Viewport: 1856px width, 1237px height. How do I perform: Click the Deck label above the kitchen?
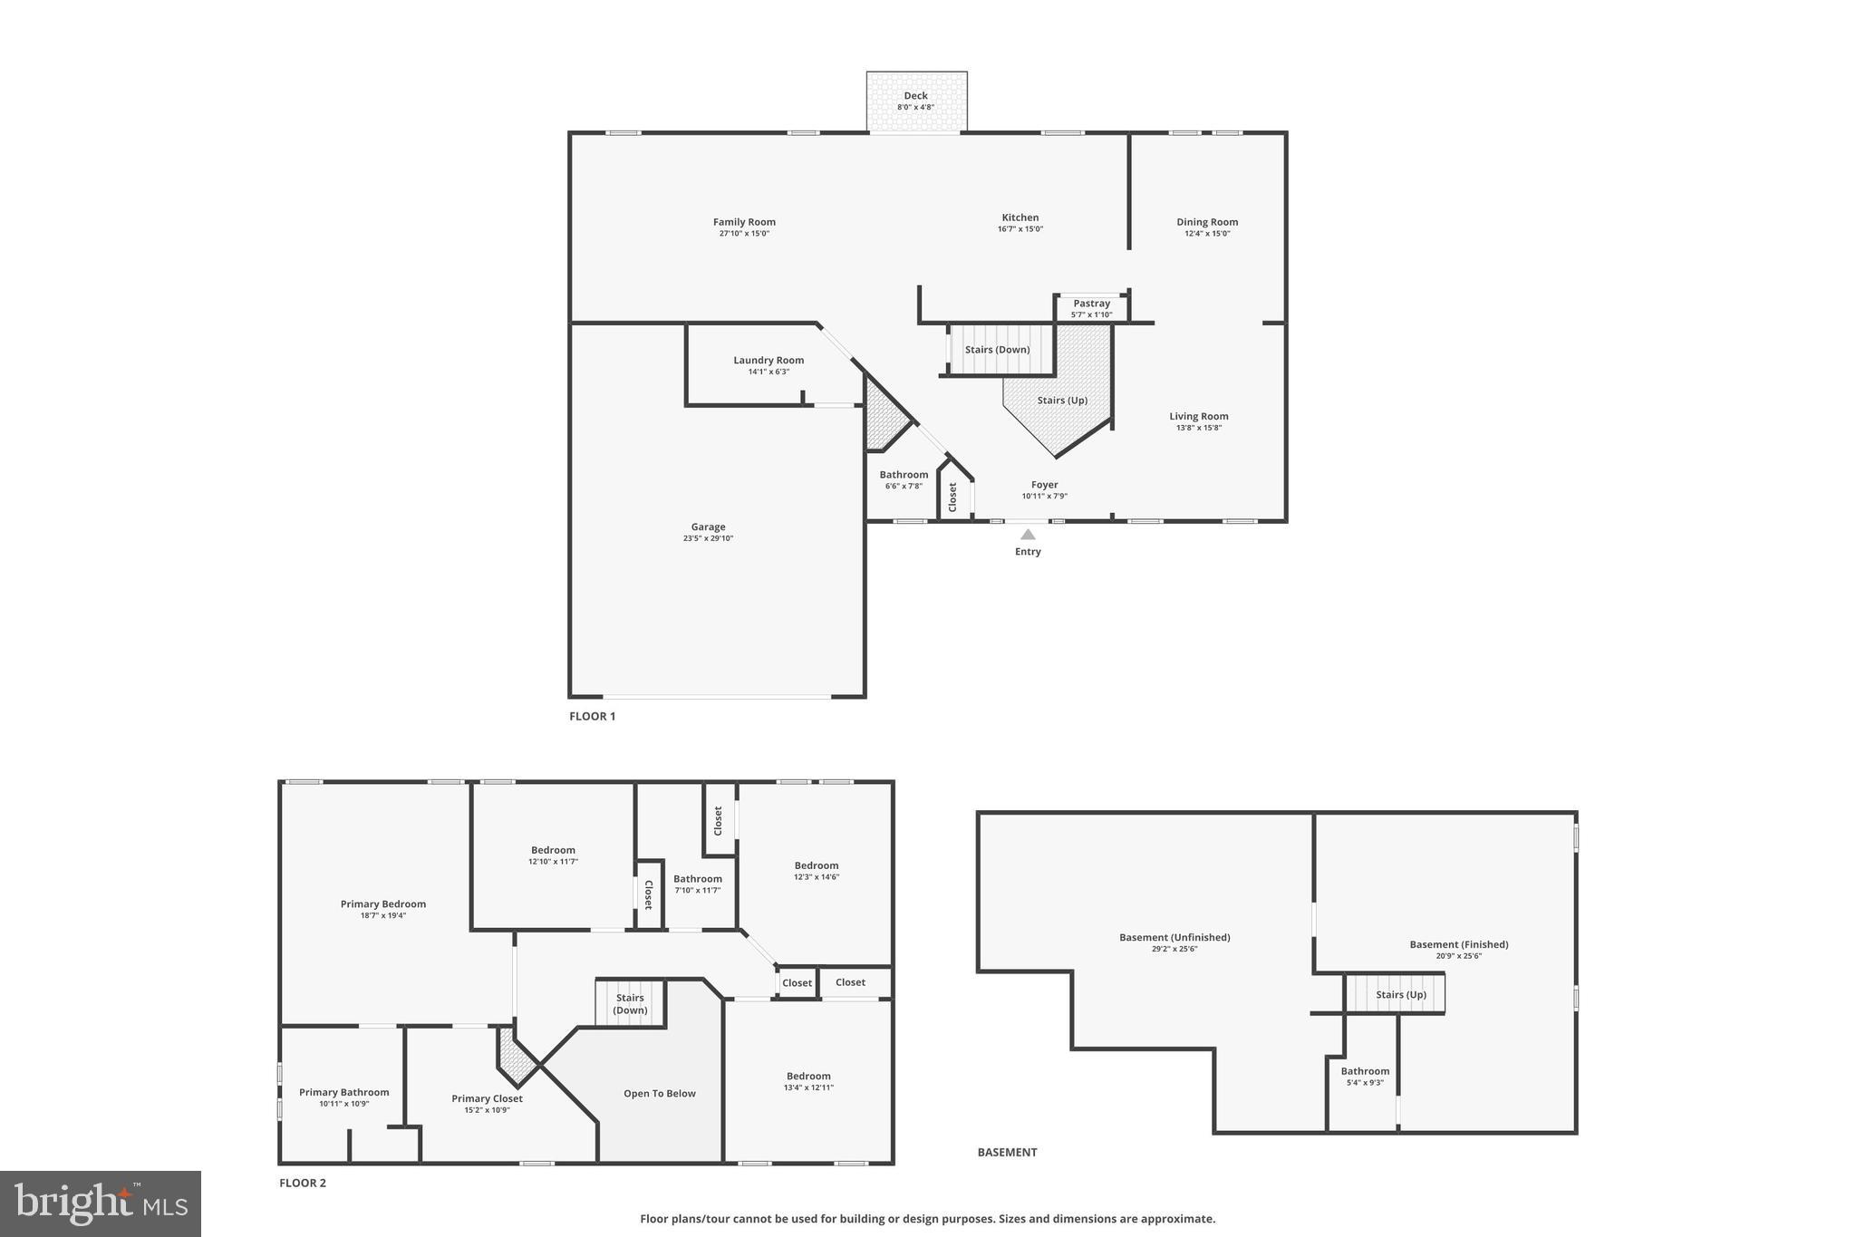coord(915,96)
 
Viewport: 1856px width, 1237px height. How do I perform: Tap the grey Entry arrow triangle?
coord(1028,535)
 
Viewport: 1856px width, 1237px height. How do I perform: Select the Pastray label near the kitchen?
coord(1091,304)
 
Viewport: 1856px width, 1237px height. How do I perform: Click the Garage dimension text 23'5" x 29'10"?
coord(708,538)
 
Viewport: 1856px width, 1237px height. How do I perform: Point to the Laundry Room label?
coord(768,360)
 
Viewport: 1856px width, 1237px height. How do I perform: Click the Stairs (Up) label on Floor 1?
coord(1062,400)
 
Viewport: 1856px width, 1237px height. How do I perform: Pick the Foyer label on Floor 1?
coord(1044,485)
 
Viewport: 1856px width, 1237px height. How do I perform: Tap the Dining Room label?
coord(1207,222)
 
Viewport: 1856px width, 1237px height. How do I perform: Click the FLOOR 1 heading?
coord(592,716)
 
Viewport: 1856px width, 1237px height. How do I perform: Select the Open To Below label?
coord(659,1093)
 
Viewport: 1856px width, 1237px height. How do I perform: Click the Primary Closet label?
coord(487,1098)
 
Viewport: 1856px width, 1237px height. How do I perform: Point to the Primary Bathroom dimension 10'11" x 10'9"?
coord(343,1104)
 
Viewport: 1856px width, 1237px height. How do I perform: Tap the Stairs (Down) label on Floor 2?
coord(630,1003)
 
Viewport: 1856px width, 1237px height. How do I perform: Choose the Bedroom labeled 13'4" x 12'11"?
coord(808,1077)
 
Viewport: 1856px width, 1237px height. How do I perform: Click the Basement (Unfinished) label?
coord(1174,937)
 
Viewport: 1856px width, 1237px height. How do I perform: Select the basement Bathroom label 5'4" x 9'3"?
coord(1365,1071)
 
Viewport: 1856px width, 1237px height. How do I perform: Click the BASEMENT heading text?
coord(1007,1152)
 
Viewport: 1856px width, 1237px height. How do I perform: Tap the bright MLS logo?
coord(101,1203)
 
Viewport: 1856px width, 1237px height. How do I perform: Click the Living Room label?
coord(1198,416)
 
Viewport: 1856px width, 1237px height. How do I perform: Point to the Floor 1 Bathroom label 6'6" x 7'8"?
coord(904,475)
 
